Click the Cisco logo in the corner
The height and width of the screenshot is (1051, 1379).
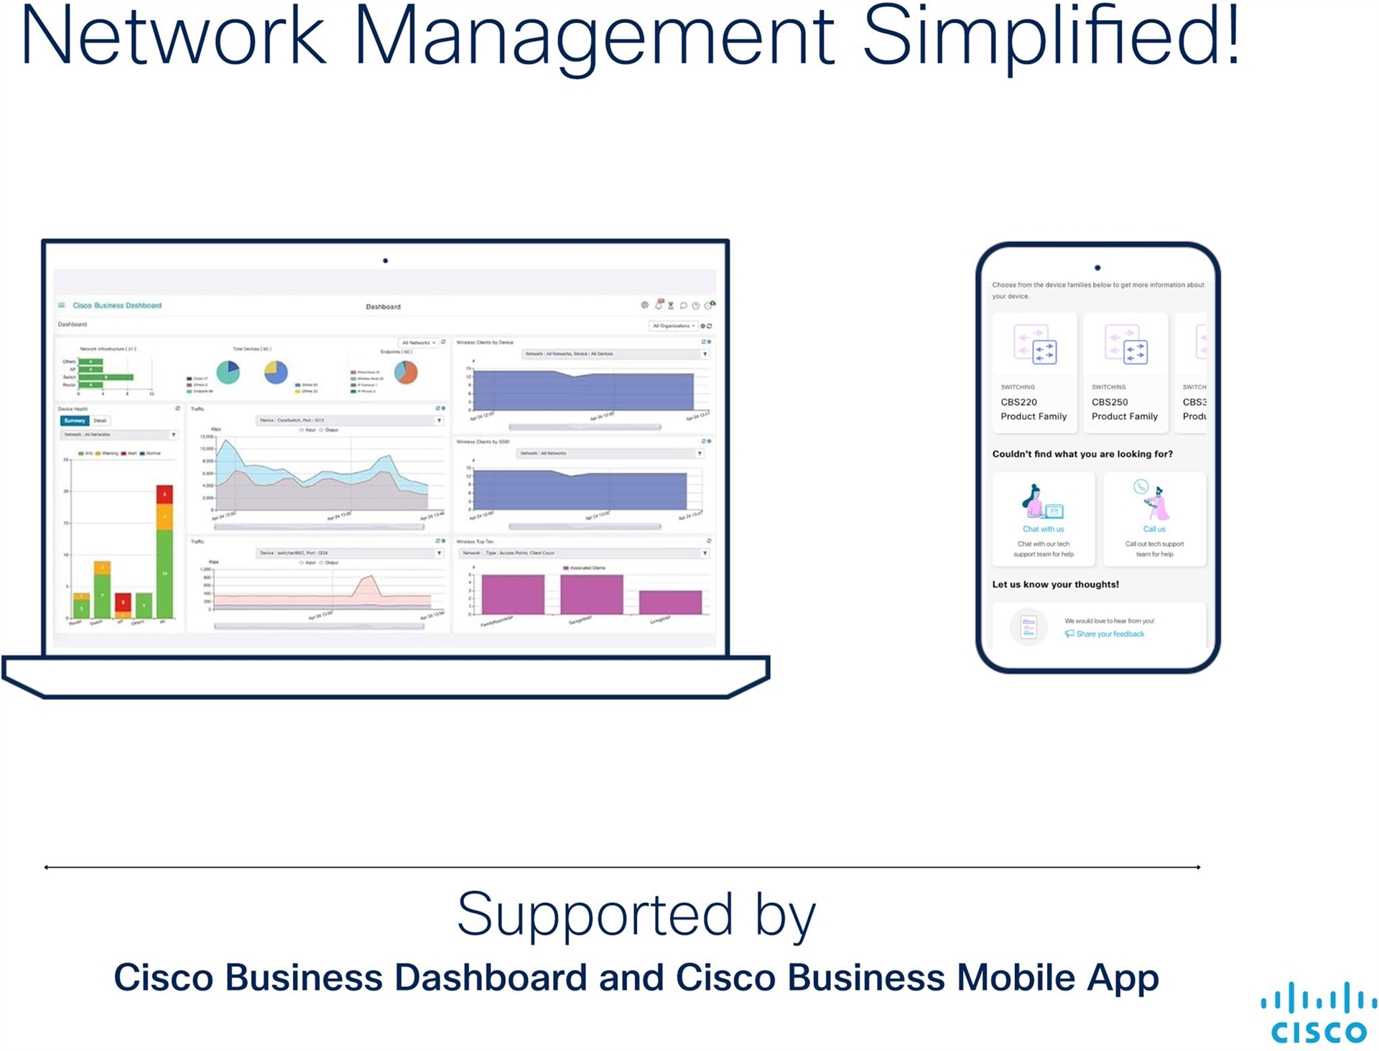1319,1013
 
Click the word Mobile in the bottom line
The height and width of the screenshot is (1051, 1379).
1016,978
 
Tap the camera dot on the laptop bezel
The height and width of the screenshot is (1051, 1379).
386,261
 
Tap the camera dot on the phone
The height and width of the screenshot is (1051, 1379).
1097,268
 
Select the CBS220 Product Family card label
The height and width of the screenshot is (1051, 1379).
1034,409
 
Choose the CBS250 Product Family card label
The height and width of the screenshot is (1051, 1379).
1124,409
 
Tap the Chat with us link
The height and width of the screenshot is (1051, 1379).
1043,529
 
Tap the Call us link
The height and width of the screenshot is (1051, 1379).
1154,529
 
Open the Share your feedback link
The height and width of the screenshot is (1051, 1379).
1110,634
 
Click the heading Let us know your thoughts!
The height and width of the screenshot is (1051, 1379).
1055,585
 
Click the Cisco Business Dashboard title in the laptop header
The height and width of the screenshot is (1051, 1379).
117,305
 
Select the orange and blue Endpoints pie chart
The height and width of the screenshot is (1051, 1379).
406,371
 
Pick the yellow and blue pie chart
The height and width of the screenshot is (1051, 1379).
276,371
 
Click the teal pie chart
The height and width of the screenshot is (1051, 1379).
228,371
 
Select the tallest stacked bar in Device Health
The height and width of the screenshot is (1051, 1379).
164,551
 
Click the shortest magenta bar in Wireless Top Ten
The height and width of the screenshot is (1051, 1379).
670,602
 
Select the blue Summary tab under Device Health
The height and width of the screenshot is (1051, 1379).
75,421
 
